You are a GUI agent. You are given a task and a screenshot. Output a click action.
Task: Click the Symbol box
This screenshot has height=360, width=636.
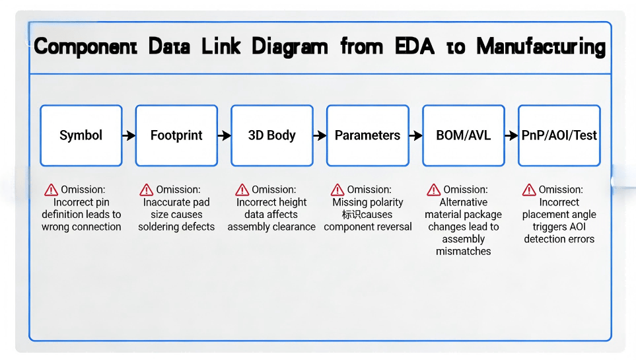pos(81,135)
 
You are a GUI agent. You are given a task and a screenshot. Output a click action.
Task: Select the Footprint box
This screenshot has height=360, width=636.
pos(176,135)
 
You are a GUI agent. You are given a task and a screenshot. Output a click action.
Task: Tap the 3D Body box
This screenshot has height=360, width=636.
pos(271,135)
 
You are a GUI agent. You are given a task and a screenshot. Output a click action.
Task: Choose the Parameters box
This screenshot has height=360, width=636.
pos(367,135)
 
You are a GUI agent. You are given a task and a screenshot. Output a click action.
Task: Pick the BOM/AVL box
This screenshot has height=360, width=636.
pos(463,135)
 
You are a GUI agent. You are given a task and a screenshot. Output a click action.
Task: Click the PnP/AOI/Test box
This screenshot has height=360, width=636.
pos(559,135)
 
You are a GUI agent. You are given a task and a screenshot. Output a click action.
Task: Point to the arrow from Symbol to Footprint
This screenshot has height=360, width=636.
pos(129,135)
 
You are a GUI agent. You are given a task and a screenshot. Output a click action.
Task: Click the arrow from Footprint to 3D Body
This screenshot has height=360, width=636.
pos(225,135)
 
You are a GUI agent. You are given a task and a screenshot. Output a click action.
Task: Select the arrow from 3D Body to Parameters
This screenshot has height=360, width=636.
pos(320,135)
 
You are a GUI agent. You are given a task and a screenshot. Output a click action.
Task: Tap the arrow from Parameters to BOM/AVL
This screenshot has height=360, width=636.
pos(415,135)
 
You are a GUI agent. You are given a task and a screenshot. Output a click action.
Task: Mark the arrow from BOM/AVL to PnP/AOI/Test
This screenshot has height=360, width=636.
pos(511,135)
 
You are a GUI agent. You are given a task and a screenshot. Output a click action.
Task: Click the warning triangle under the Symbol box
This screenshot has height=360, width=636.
pos(51,190)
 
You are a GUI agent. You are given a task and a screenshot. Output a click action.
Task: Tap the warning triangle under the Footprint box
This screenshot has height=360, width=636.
pos(147,190)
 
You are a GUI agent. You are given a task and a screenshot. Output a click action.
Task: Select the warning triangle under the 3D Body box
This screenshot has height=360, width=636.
pos(242,190)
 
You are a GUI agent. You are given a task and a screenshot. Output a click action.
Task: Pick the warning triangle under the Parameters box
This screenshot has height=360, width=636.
pos(337,190)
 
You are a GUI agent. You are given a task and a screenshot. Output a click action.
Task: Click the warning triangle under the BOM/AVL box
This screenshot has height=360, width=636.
pos(433,190)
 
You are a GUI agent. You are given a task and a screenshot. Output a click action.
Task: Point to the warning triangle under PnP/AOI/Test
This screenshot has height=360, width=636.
pos(529,190)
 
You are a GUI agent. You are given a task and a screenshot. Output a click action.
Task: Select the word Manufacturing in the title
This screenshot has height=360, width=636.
pos(540,47)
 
